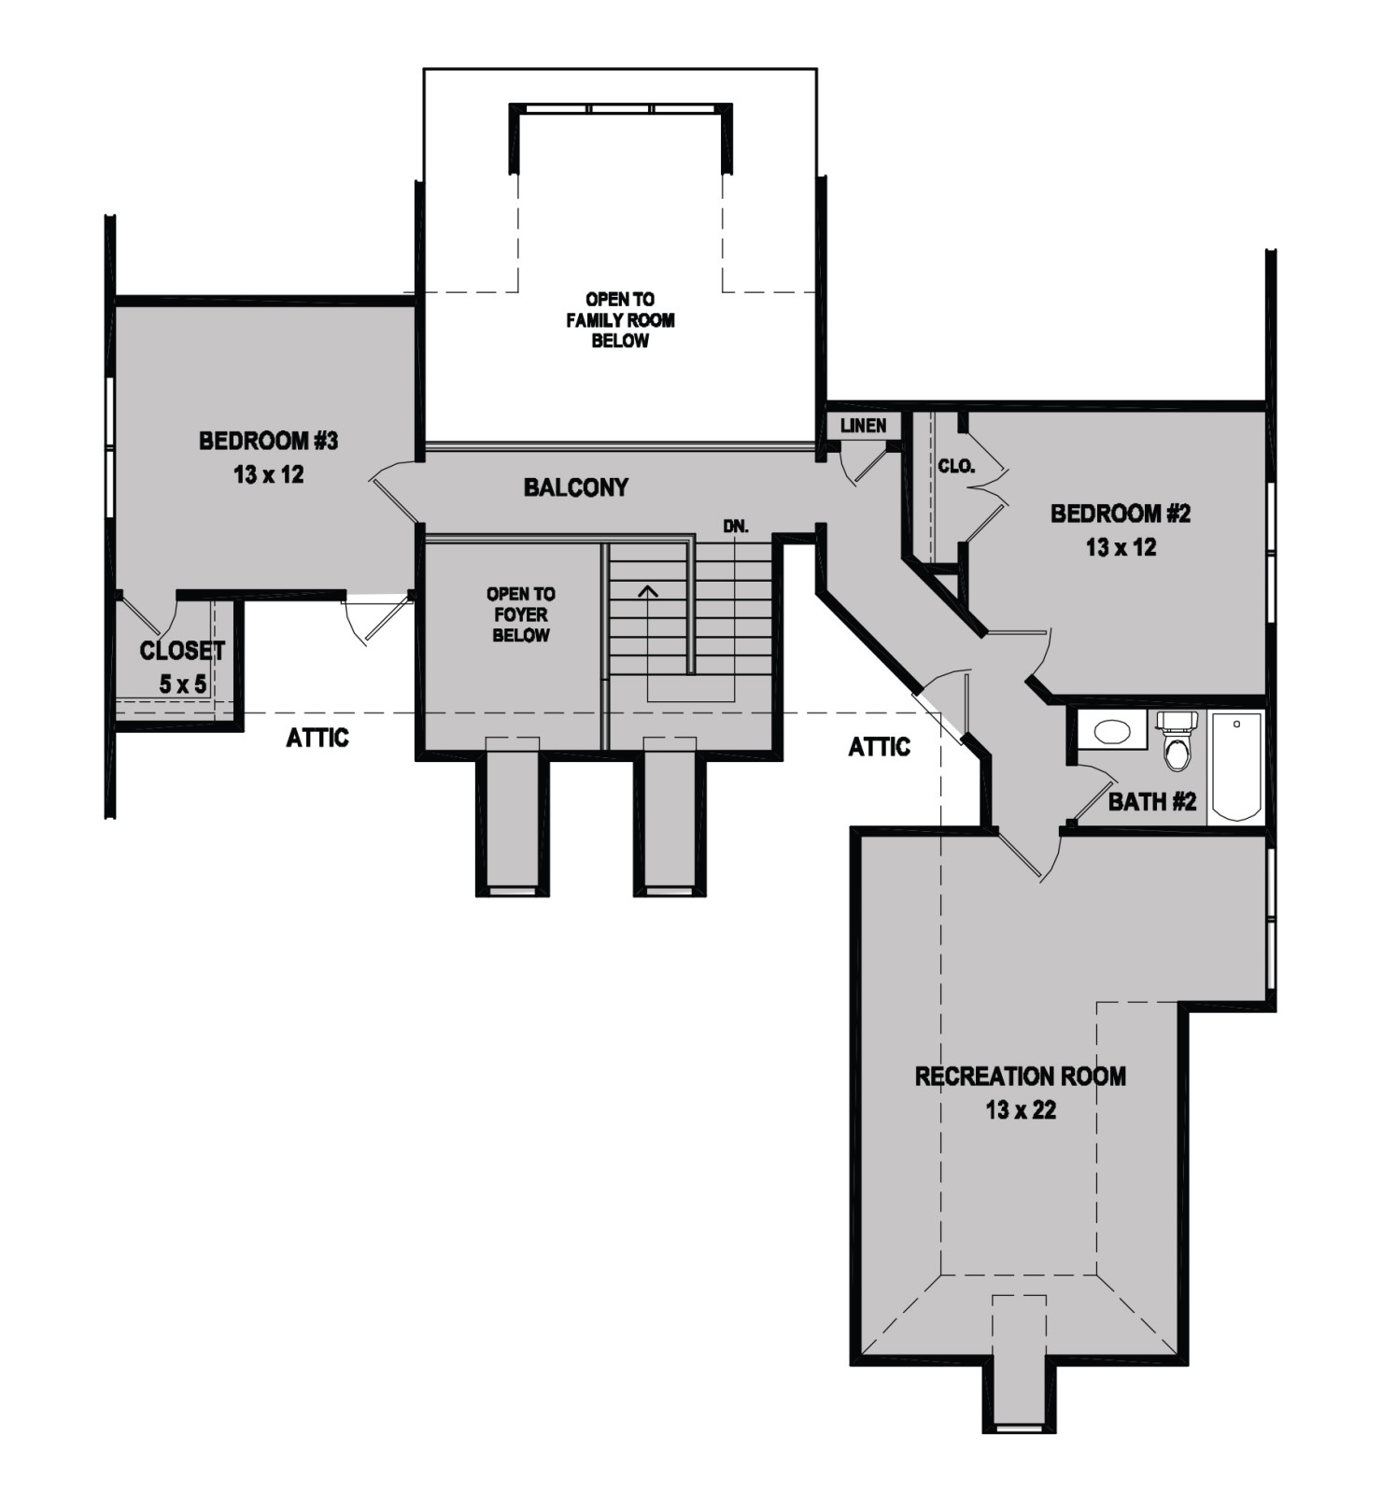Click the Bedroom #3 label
[x=268, y=440]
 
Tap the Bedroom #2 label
[x=1121, y=513]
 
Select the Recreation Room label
[x=1020, y=1076]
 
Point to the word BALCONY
[x=575, y=486]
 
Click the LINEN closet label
[x=863, y=426]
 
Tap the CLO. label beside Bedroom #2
[x=956, y=466]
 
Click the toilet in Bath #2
[x=1177, y=740]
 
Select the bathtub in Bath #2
[x=1236, y=768]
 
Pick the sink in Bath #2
[x=1111, y=729]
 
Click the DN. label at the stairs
[x=736, y=527]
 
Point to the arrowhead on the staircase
[x=647, y=590]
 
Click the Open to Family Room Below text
[x=620, y=319]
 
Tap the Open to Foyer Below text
[x=521, y=614]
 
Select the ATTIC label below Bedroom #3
[x=317, y=738]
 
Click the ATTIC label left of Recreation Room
[x=879, y=747]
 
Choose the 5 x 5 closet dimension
[x=182, y=684]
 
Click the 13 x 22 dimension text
[x=1021, y=1110]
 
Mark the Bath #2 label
[x=1151, y=801]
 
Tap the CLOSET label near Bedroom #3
[x=182, y=651]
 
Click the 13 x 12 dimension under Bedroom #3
[x=268, y=474]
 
